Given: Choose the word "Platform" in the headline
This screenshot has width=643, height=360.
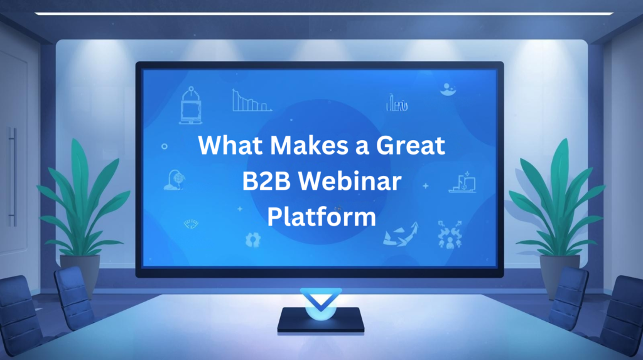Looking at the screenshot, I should click(321, 217).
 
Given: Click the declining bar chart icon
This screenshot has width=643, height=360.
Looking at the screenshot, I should click(251, 101).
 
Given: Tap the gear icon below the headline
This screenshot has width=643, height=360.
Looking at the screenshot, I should click(253, 239).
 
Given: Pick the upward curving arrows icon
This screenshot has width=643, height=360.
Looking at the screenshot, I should click(401, 234).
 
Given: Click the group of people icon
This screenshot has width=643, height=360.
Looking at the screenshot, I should click(450, 234).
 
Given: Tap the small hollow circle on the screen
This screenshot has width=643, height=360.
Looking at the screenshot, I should click(165, 146).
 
